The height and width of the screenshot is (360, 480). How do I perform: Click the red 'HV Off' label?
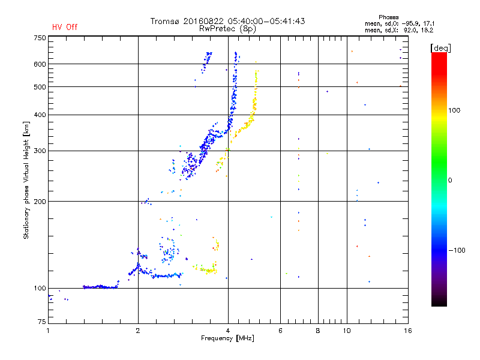point(64,27)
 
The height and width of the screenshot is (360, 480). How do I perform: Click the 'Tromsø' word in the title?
point(165,21)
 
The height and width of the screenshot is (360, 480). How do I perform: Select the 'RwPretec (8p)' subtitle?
point(227,28)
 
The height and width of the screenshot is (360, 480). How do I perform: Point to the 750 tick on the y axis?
point(39,38)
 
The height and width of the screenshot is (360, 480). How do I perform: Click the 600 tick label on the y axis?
point(39,64)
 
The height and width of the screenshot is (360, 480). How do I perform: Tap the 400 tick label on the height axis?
point(39,115)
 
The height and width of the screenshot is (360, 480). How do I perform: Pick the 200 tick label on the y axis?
point(39,202)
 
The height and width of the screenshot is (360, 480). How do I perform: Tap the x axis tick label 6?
point(280,331)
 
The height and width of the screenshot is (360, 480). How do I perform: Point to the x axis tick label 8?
point(318,331)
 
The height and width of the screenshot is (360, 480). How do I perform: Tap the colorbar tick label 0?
point(450,180)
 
